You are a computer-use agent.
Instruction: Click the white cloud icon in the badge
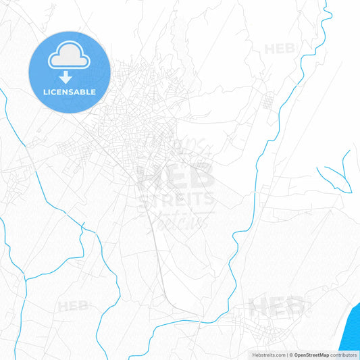[70, 58]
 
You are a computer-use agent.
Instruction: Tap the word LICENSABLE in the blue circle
[70, 92]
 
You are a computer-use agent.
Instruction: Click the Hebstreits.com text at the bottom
[267, 355]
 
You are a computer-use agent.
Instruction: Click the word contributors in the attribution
[343, 355]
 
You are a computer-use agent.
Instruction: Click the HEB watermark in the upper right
[280, 49]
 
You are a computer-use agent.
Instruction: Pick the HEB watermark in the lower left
[73, 306]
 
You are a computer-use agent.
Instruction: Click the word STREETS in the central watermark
[177, 200]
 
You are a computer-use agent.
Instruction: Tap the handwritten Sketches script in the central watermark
[182, 220]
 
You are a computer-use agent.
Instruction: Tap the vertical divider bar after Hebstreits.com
[286, 355]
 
